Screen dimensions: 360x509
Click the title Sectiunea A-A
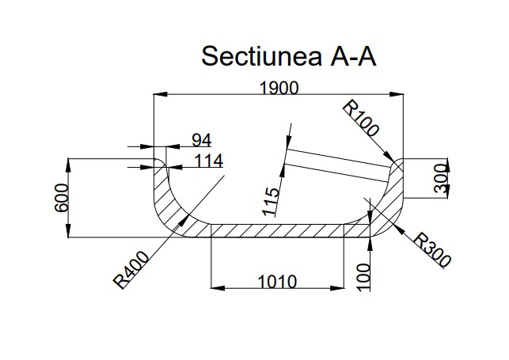(x=288, y=56)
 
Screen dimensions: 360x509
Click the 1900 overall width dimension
(x=278, y=88)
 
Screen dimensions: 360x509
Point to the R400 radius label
(x=130, y=269)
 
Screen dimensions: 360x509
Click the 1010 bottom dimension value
(x=276, y=281)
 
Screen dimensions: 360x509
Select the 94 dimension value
(x=202, y=141)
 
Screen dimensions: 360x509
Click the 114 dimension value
(x=207, y=161)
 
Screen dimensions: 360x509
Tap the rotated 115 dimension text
(x=272, y=201)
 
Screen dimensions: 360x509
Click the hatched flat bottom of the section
(x=277, y=230)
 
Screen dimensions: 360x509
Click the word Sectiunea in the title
(x=260, y=56)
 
